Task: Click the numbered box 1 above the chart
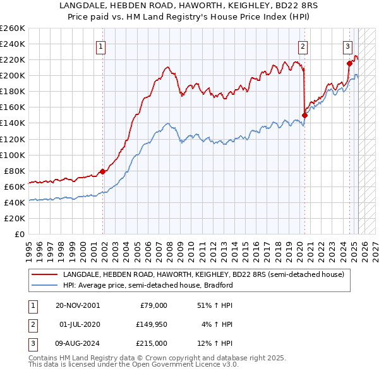(x=101, y=46)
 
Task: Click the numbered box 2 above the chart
(x=303, y=46)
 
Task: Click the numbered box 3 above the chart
(x=347, y=46)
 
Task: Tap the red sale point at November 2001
(x=102, y=171)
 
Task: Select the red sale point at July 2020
(x=304, y=115)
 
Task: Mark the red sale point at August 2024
(x=349, y=63)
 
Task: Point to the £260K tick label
(x=13, y=28)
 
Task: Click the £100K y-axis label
(x=13, y=155)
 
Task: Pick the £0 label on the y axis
(x=19, y=234)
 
